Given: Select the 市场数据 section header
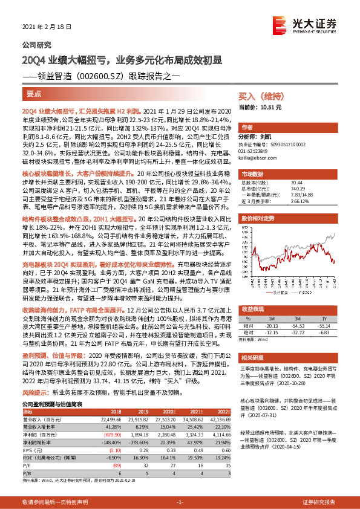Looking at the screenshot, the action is [253, 173].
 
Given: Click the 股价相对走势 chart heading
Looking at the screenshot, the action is [258, 216].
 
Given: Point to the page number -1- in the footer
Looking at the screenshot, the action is [179, 502].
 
